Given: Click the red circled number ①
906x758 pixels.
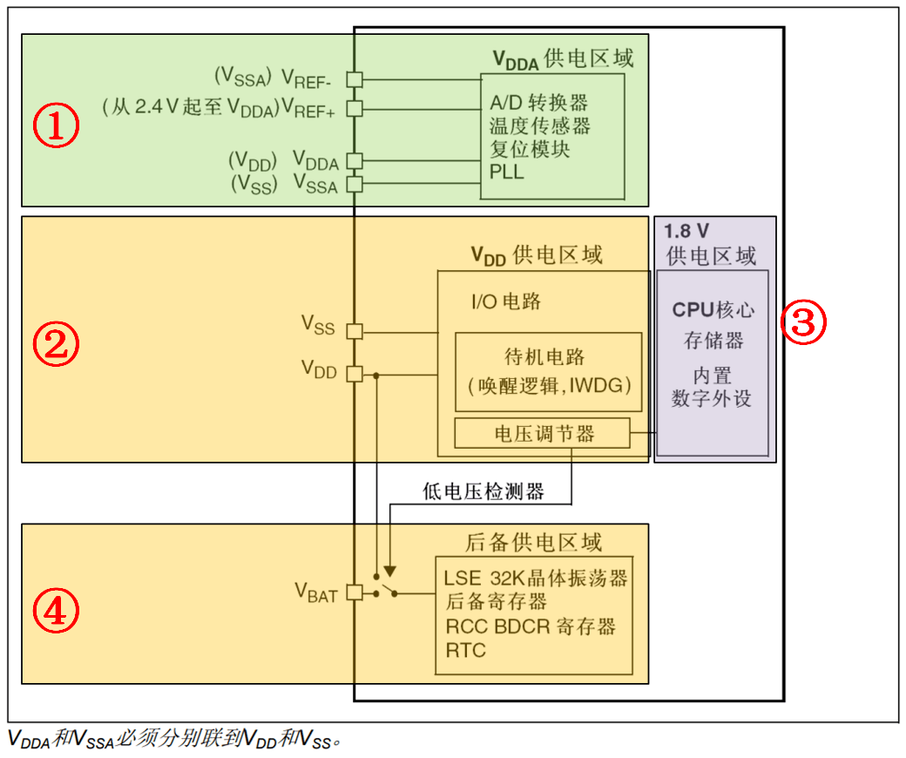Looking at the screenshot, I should coord(56,127).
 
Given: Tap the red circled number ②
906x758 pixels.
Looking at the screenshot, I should coord(56,345).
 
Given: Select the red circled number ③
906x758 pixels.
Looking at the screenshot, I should coord(802,321).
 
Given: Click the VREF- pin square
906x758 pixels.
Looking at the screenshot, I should coord(354,78).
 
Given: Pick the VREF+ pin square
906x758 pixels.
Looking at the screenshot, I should coord(354,108).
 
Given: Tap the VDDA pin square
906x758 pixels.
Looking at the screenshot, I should coord(354,160).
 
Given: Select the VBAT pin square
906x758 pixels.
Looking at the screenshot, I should coord(354,592).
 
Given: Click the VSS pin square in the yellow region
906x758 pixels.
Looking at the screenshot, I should coord(354,330).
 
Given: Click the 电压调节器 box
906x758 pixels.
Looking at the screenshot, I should coord(542,433).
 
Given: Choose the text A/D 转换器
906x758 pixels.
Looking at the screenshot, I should coord(539,103).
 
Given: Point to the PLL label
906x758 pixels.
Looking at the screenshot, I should coord(507,172).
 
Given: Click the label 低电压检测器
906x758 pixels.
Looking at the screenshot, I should coord(483,492).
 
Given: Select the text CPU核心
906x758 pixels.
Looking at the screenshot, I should coord(713,309).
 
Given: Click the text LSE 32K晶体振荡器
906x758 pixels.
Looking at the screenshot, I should coord(536,578).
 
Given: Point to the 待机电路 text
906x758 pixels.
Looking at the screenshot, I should coord(544,356).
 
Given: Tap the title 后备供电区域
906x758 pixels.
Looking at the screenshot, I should coord(533,543).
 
